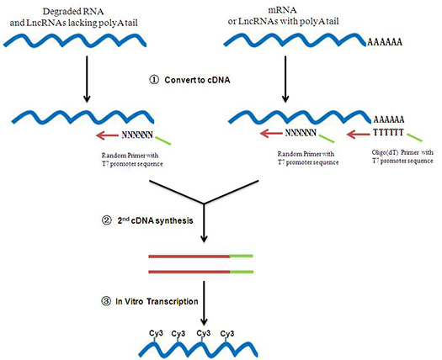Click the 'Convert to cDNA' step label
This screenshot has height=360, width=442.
coord(197,80)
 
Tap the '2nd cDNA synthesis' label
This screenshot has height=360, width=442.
coord(155,220)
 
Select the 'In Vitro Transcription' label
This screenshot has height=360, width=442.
coord(157,301)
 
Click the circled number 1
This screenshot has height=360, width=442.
coord(154,80)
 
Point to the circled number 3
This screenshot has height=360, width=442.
coord(106,302)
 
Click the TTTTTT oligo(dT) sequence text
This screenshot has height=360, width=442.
coord(388,132)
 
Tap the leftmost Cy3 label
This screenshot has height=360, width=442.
coord(156,334)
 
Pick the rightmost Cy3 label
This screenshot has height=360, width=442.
coord(227,334)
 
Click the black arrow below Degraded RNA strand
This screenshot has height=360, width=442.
coord(87,79)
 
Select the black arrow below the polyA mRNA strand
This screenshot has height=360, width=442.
coord(285,79)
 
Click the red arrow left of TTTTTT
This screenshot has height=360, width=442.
coord(359,135)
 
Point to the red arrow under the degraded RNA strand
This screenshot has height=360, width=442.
coord(108,135)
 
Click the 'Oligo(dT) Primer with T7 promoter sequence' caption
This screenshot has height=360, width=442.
coord(402,156)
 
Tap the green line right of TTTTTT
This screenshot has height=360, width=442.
coord(414,137)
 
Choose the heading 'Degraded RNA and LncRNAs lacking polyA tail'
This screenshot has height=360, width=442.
coord(73,17)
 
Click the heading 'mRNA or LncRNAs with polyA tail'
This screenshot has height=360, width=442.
coord(283,16)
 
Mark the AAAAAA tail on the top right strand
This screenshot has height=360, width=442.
coord(385,43)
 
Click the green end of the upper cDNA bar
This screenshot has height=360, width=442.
coord(242,256)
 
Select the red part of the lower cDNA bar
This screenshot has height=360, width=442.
coord(189,272)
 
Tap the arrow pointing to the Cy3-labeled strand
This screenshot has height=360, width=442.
coord(204,304)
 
